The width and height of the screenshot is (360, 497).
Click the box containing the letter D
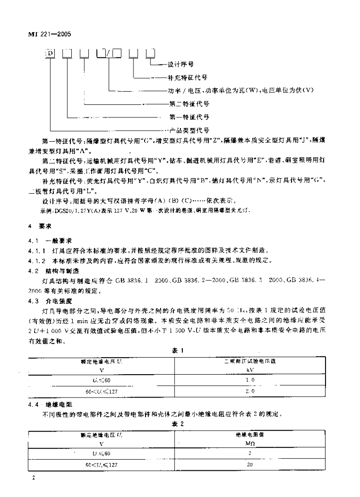50,52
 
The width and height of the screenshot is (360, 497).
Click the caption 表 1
180,349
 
